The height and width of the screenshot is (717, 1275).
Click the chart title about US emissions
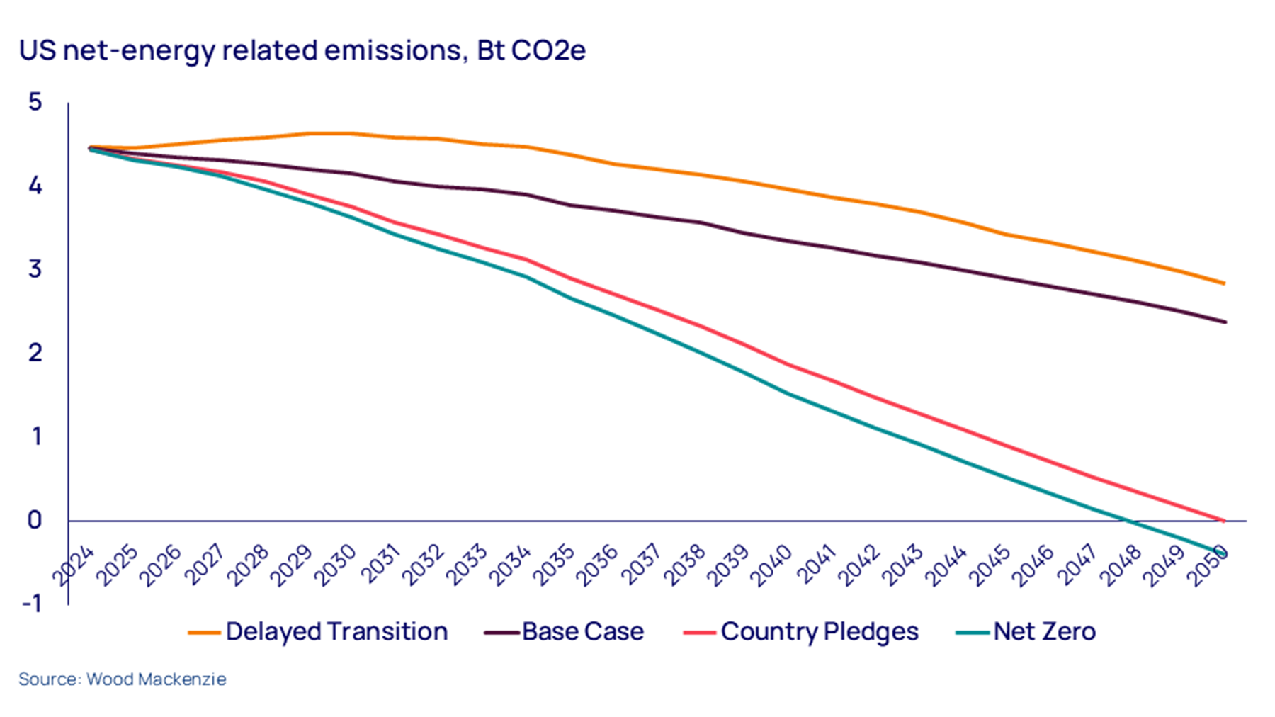point(302,51)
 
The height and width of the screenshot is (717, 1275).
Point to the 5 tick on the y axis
point(35,102)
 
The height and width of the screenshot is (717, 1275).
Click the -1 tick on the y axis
point(33,604)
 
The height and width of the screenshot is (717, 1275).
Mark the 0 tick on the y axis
point(35,520)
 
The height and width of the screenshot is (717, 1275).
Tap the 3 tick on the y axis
point(35,269)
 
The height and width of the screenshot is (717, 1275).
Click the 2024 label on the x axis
point(74,565)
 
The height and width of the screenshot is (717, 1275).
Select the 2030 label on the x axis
point(335,565)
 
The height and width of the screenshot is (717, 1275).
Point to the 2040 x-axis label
point(771,565)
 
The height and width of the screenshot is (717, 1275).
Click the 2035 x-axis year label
point(553,565)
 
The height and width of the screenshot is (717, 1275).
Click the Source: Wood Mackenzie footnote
point(123,679)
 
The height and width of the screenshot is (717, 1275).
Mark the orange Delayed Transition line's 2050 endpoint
point(1225,283)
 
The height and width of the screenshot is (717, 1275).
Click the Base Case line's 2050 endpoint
point(1225,322)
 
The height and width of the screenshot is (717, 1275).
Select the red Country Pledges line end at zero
point(1223,521)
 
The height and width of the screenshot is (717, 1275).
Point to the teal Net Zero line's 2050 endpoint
point(1224,553)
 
